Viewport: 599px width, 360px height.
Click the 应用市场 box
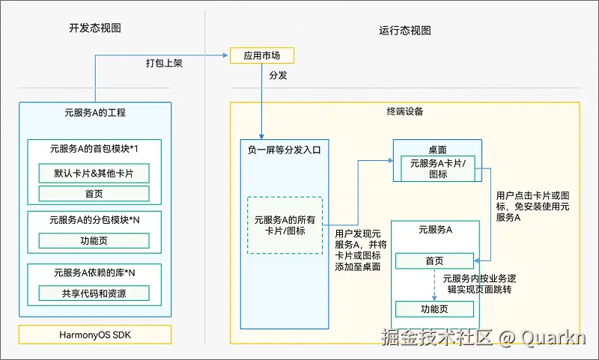click(x=261, y=55)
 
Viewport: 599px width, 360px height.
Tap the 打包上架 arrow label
click(x=164, y=64)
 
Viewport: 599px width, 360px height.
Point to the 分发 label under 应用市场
click(x=277, y=76)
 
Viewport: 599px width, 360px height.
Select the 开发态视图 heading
click(x=95, y=28)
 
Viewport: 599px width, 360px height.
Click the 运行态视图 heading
click(x=405, y=31)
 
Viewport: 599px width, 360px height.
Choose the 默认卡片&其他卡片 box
click(x=94, y=173)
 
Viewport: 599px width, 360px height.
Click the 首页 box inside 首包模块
click(x=94, y=193)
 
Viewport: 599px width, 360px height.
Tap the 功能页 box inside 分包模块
click(x=94, y=241)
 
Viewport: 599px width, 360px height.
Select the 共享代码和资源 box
click(x=94, y=293)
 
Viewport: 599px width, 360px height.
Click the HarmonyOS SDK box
click(x=95, y=334)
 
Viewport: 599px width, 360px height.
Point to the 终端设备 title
click(x=404, y=112)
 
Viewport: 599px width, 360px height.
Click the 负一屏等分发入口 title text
click(x=285, y=150)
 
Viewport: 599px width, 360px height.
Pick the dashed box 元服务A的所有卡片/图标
click(x=285, y=225)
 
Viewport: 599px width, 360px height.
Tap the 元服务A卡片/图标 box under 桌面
click(x=438, y=168)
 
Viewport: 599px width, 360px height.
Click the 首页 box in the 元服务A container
click(x=434, y=260)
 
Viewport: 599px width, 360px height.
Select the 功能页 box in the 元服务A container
click(x=434, y=309)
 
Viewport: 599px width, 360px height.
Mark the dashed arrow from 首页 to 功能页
click(x=434, y=284)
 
